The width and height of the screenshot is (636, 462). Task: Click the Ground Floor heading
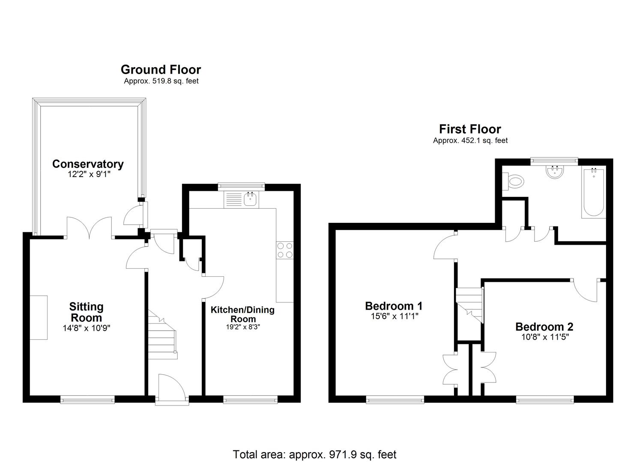click(161, 69)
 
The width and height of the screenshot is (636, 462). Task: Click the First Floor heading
click(470, 129)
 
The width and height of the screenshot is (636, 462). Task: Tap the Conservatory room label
click(88, 164)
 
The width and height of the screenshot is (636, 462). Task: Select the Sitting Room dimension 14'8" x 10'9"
click(86, 329)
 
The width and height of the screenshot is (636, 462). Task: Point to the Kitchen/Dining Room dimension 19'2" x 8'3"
click(242, 327)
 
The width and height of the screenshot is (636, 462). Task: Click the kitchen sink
click(250, 199)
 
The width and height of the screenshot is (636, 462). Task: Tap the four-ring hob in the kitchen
click(285, 250)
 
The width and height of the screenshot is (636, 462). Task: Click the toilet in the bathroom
click(514, 181)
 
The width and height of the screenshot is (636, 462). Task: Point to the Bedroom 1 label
click(394, 306)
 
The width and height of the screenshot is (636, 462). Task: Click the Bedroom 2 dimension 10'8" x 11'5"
click(544, 337)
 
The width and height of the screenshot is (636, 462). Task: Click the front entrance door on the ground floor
click(172, 389)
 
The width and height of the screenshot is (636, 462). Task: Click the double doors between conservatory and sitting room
click(90, 228)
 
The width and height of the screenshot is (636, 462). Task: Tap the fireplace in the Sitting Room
click(39, 317)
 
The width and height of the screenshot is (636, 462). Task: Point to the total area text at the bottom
click(314, 454)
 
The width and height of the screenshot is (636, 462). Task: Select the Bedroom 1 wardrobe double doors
click(450, 369)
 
